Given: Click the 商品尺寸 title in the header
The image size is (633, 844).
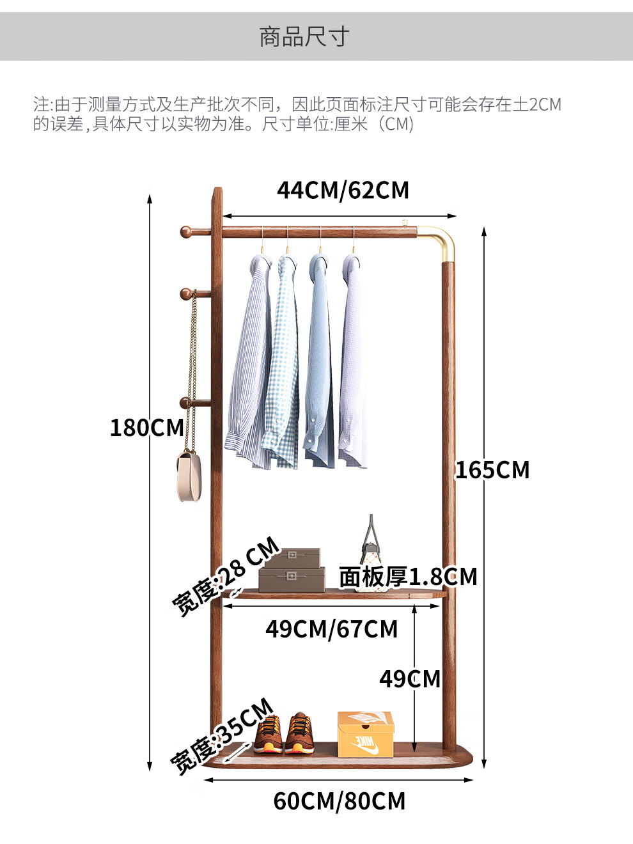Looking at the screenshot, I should [304, 37].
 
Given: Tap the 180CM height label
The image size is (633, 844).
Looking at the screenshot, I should [146, 428].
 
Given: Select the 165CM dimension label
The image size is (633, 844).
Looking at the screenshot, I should [492, 470].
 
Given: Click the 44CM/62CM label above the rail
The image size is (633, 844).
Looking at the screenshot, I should [343, 190].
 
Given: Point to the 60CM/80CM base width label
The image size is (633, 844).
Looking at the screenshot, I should [340, 801].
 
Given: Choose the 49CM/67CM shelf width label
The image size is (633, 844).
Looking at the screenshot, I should [331, 629].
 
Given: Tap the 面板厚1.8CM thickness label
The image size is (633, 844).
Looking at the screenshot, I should [408, 577].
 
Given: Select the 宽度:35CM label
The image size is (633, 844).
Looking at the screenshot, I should [222, 736].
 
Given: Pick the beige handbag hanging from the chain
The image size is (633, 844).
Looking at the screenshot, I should [189, 476].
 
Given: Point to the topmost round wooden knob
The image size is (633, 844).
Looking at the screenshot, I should [187, 231].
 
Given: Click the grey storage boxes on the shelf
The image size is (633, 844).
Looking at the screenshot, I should [292, 570].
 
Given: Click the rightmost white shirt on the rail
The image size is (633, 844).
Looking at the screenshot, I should [352, 361].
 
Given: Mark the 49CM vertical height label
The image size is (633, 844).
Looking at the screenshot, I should [409, 679].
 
